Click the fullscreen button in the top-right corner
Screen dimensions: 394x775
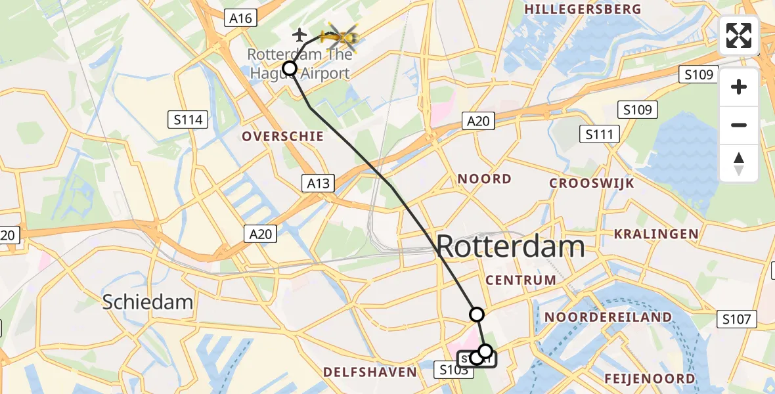[739, 35]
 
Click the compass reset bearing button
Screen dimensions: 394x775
[739, 164]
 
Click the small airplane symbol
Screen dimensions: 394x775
[300, 34]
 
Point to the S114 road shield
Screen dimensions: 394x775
[188, 120]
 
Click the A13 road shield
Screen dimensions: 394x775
[318, 183]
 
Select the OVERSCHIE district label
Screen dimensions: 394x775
[282, 137]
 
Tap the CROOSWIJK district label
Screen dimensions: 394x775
[592, 183]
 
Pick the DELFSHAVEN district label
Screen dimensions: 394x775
[370, 372]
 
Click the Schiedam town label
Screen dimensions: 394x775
[148, 302]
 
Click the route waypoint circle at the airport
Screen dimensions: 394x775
[289, 68]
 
